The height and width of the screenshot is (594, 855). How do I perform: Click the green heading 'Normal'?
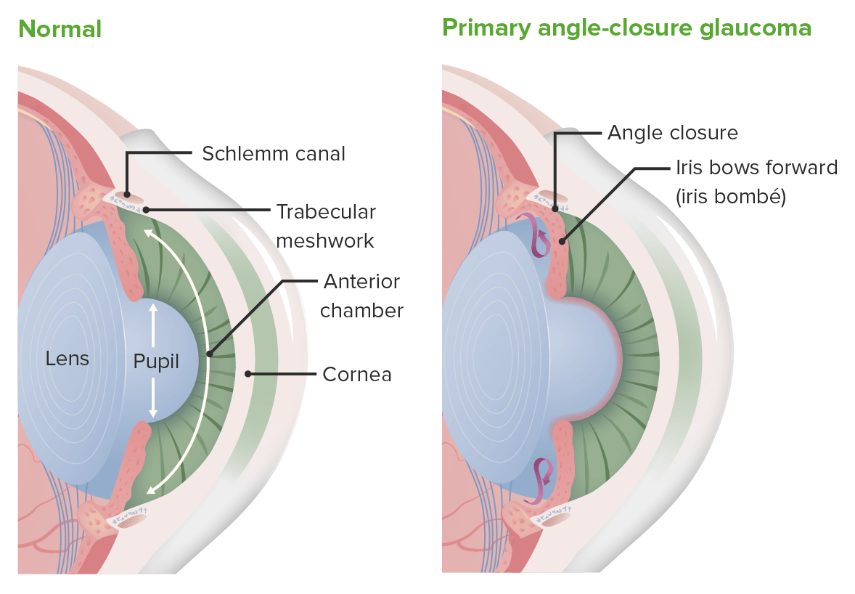pos(60,29)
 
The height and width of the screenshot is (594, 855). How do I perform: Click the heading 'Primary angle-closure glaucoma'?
pos(626,28)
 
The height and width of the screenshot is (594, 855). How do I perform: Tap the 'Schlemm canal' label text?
pos(274,154)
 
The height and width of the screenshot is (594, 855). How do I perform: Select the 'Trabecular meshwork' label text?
pos(326,226)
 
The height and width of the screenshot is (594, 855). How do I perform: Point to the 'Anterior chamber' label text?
pos(361,296)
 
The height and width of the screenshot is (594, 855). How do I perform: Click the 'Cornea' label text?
pos(356,375)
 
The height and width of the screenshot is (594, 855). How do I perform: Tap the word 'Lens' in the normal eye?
pos(67,358)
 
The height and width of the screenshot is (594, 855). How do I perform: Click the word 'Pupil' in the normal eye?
pos(156,361)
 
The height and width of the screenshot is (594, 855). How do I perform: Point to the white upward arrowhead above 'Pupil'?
pos(152,308)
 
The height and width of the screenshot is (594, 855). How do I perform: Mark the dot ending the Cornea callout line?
pos(248,375)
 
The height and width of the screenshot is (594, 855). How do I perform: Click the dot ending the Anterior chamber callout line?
pos(208,355)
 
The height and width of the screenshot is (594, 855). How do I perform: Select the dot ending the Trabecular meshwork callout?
pos(147,211)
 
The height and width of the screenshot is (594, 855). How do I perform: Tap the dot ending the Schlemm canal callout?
pos(127,194)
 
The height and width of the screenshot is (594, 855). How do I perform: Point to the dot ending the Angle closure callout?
pos(556,209)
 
